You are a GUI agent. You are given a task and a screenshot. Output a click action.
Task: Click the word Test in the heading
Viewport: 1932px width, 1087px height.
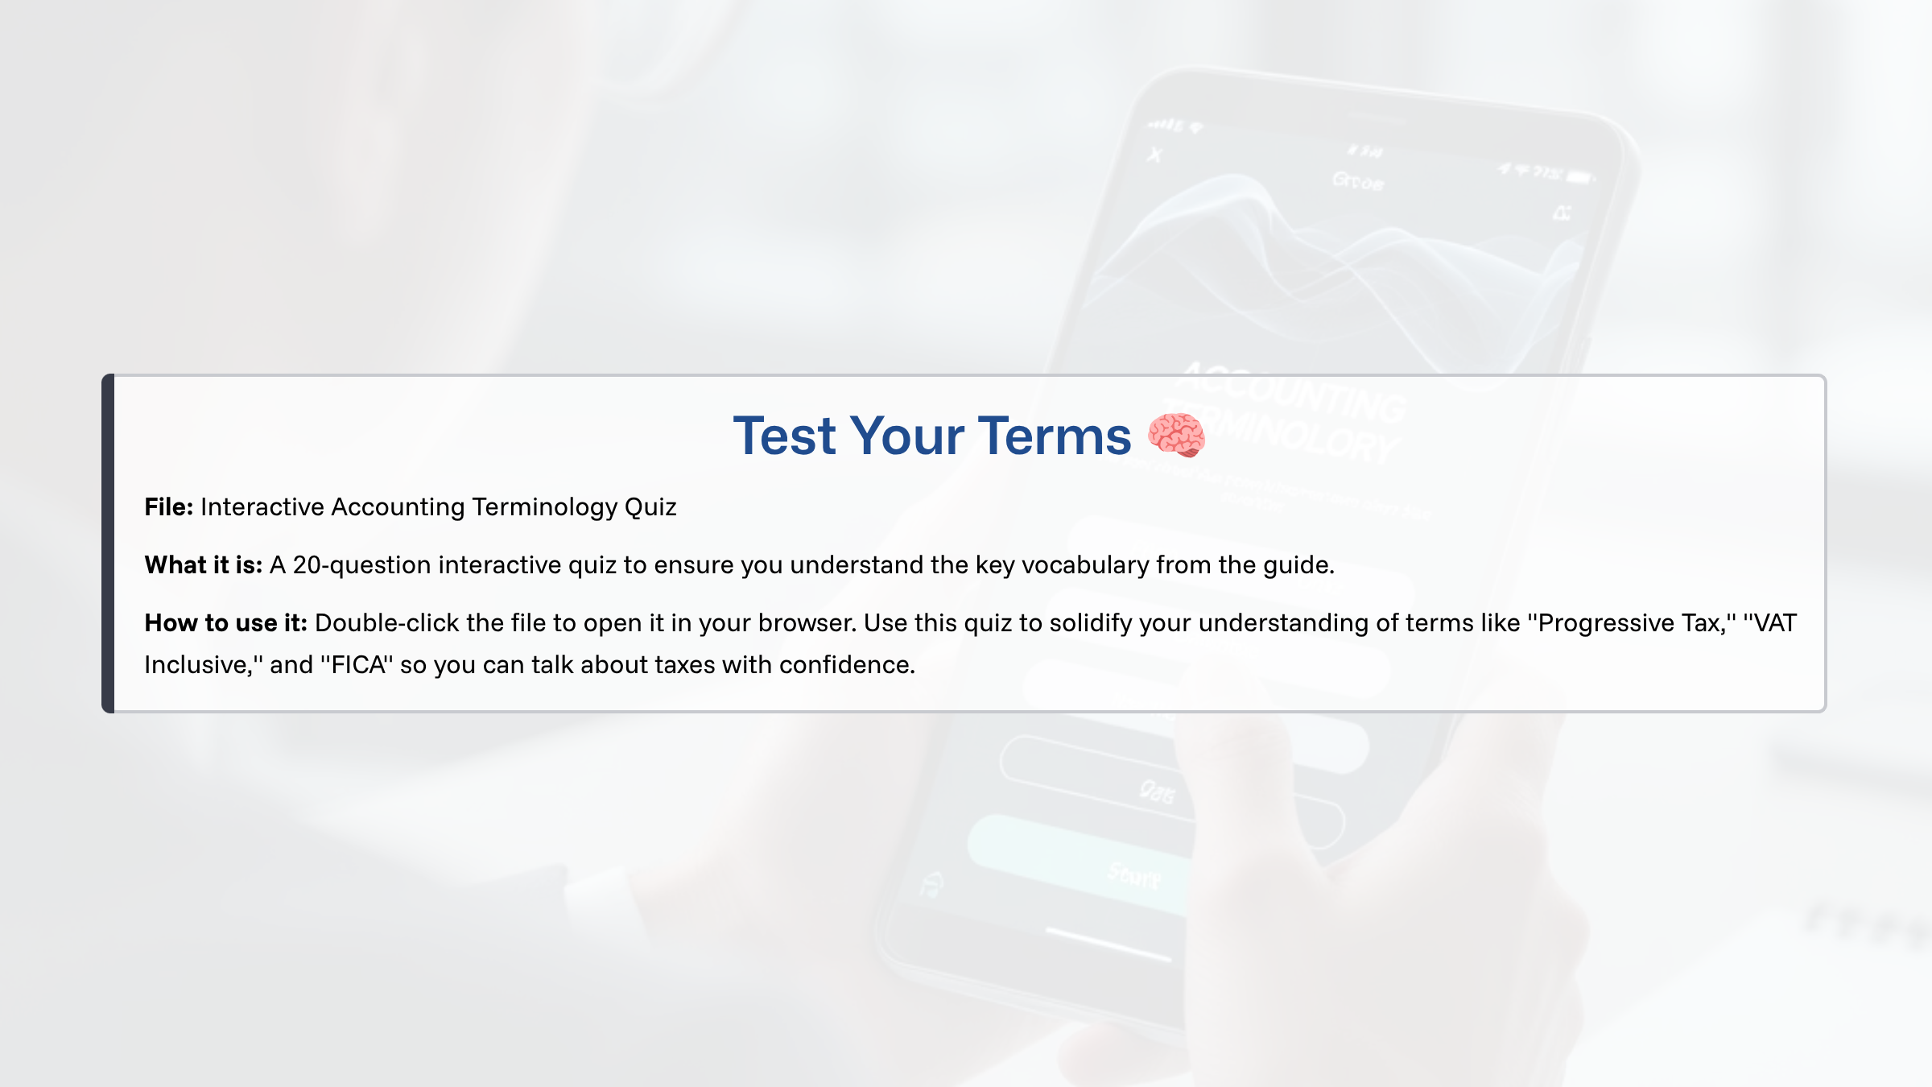tap(784, 436)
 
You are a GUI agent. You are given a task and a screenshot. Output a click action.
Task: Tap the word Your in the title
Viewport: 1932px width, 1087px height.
tap(907, 436)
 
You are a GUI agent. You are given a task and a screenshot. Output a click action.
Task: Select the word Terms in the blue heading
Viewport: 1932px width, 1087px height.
tap(1055, 436)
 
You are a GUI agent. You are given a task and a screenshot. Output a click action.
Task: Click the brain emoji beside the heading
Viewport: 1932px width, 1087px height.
tap(1176, 435)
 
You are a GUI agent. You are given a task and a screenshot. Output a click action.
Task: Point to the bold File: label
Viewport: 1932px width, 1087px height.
tap(168, 507)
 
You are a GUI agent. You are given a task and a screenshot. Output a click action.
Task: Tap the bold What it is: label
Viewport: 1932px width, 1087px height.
tap(203, 565)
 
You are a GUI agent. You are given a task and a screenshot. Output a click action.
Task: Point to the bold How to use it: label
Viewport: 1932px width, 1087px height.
tap(225, 623)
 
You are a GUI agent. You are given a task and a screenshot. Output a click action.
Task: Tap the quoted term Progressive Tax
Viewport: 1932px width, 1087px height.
tap(1629, 623)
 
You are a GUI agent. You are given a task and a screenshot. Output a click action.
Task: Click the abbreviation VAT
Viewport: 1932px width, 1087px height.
tap(1775, 623)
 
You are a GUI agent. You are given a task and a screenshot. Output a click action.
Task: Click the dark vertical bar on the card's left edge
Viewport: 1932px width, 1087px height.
tap(108, 543)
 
